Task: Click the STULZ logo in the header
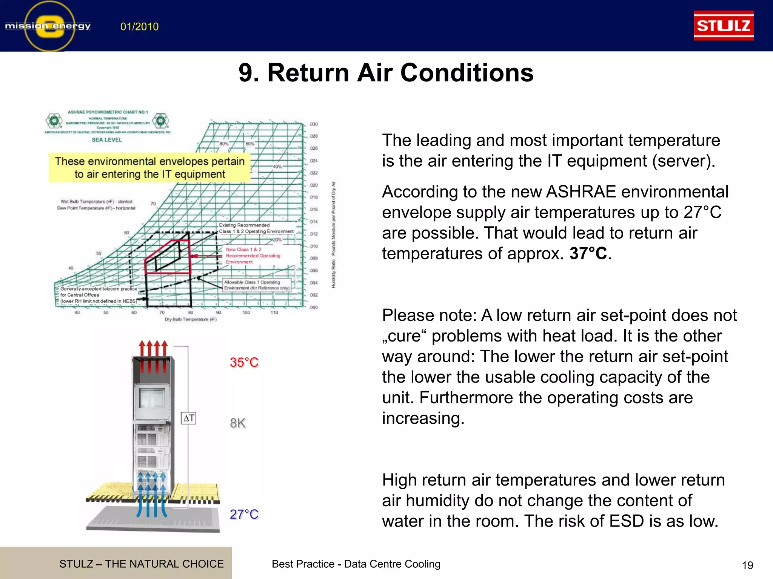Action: click(x=723, y=26)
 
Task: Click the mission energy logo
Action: click(x=48, y=26)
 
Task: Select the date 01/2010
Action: click(x=139, y=27)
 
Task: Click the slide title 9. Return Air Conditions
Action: click(x=386, y=72)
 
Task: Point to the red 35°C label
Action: click(x=244, y=362)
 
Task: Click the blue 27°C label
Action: click(x=244, y=514)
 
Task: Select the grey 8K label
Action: click(x=238, y=423)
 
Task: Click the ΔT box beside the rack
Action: click(x=188, y=418)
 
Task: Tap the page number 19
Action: click(x=747, y=565)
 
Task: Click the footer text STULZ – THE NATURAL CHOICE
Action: click(x=141, y=564)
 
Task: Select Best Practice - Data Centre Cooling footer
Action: click(x=356, y=564)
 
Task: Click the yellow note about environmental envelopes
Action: click(x=149, y=168)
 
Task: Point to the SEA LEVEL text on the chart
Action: click(x=107, y=140)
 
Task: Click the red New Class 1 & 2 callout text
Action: click(x=253, y=256)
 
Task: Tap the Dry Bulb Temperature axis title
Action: click(x=191, y=319)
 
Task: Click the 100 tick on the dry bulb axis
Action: click(x=246, y=312)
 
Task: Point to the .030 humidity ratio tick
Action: click(x=314, y=124)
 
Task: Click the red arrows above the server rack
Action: click(x=153, y=354)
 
